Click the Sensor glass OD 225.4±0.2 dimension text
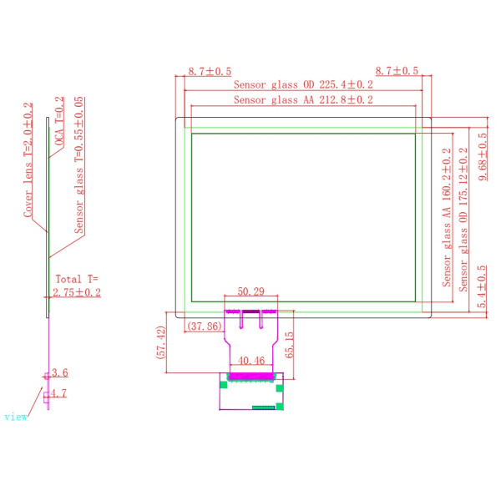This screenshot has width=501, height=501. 303,84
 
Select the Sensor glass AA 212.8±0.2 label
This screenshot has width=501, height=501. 303,99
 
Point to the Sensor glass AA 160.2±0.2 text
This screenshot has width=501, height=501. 447,217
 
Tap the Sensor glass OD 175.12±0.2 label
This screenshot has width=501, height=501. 463,220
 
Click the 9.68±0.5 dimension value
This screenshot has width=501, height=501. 483,157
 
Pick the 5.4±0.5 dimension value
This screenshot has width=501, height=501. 482,286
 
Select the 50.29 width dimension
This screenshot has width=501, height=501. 250,291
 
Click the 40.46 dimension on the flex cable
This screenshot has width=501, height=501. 251,361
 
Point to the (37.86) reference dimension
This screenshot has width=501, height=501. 205,326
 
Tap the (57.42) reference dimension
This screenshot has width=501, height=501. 161,342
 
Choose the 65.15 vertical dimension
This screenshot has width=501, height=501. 289,345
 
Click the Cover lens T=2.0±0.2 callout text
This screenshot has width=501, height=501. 28,160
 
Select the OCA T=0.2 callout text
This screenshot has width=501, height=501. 59,121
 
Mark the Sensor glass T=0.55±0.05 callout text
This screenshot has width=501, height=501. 79,164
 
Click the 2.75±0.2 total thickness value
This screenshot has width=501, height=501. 77,292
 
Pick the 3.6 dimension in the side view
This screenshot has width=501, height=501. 60,372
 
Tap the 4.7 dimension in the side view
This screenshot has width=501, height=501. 58,393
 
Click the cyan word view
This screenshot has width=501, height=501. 16,417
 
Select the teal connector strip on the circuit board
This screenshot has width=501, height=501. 264,407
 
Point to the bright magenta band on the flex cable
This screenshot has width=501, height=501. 251,376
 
